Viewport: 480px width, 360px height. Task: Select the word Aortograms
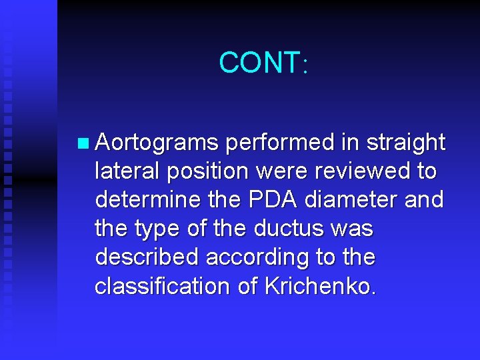click(x=157, y=143)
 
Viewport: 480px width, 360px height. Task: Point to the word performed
click(x=280, y=143)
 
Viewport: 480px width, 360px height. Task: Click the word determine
click(x=146, y=200)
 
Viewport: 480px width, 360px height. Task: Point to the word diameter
click(x=358, y=200)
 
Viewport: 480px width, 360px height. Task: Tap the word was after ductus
click(x=353, y=229)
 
